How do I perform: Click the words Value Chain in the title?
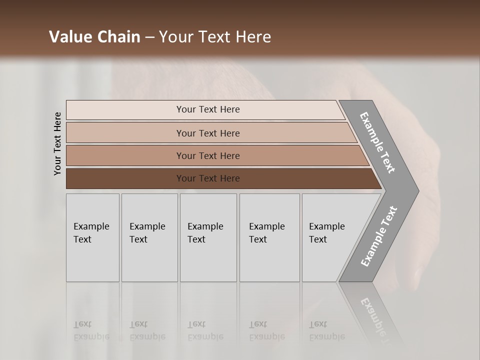pyautogui.click(x=94, y=37)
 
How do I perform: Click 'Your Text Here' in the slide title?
pyautogui.click(x=215, y=37)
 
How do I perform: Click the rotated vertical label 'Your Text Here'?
pyautogui.click(x=57, y=143)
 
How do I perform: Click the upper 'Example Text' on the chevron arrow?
pyautogui.click(x=377, y=142)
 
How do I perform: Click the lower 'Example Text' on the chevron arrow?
pyautogui.click(x=378, y=236)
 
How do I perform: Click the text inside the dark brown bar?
pyautogui.click(x=208, y=178)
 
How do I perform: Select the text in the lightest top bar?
pyautogui.click(x=208, y=109)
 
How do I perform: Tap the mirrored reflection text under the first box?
pyautogui.click(x=91, y=330)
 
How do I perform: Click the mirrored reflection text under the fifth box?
pyautogui.click(x=326, y=330)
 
